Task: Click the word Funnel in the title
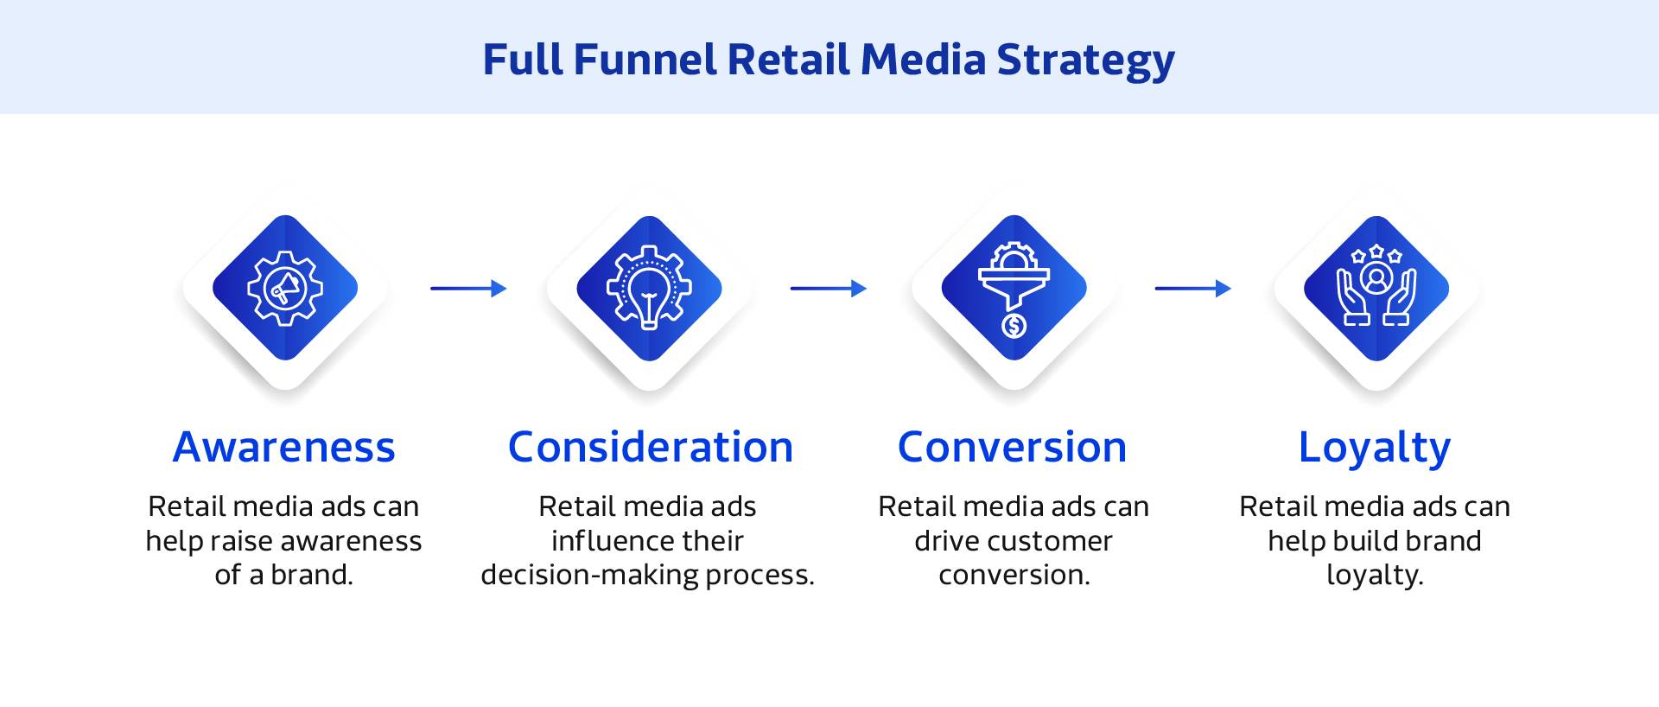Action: [x=644, y=60]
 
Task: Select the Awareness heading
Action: [x=283, y=447]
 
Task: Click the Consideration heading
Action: [x=650, y=447]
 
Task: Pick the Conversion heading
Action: [x=1012, y=447]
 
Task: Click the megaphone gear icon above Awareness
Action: [x=285, y=288]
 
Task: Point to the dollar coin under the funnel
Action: [x=1014, y=326]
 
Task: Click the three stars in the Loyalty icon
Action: [x=1376, y=254]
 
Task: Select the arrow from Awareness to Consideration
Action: [x=468, y=289]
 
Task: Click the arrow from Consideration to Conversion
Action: [x=828, y=289]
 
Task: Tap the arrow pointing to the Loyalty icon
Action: [x=1192, y=289]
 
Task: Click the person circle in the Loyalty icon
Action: [x=1376, y=278]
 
